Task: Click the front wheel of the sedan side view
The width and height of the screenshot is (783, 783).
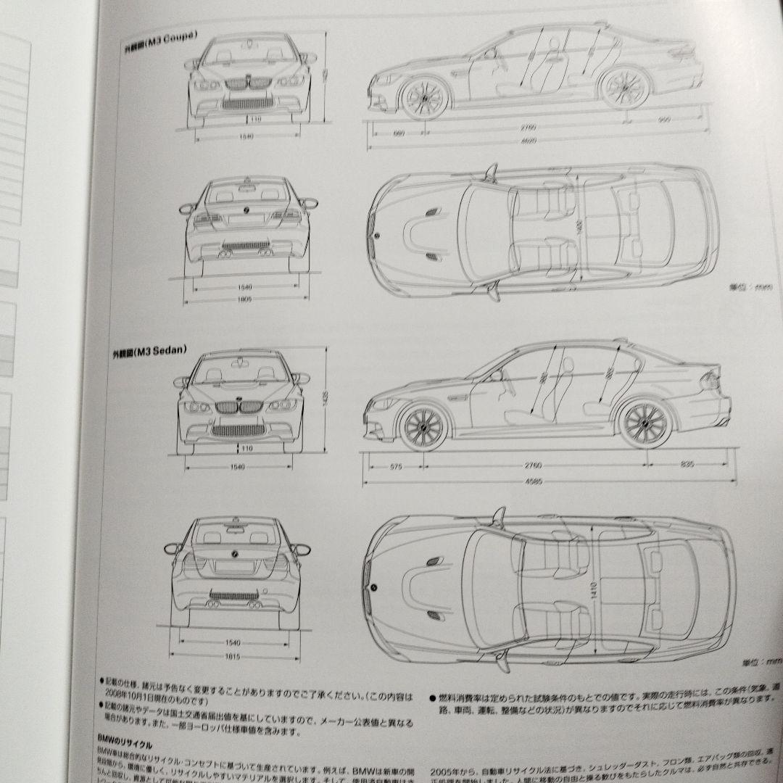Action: [x=423, y=426]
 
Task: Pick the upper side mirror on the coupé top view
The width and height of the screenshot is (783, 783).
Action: [x=491, y=171]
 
